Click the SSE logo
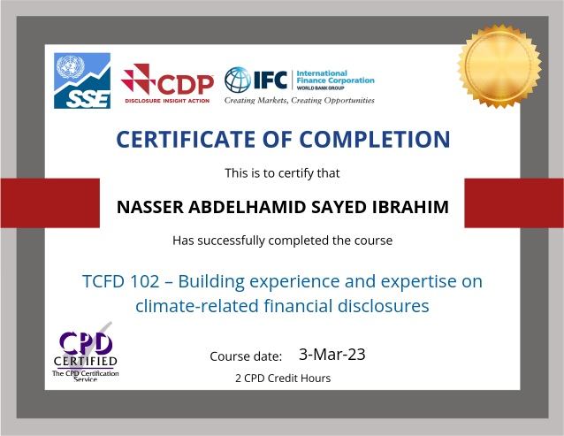pos(82,80)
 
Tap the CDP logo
pos(167,84)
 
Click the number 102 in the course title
pos(148,282)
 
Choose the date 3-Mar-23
pos(332,355)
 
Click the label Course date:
pos(246,356)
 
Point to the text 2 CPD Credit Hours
pos(283,378)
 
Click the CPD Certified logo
pos(85,354)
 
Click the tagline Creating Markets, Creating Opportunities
pos(299,101)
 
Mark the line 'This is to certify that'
pos(282,173)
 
